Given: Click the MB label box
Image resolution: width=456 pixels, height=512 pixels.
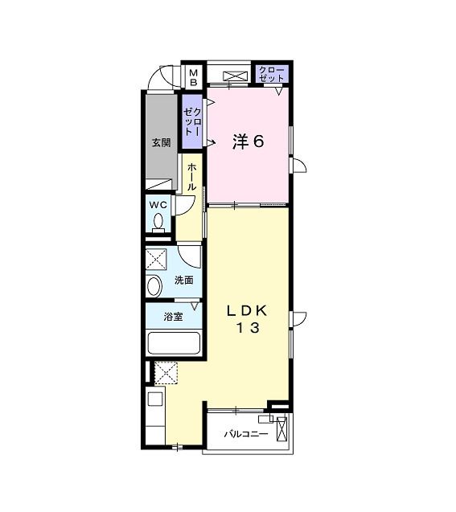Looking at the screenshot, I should [193, 76].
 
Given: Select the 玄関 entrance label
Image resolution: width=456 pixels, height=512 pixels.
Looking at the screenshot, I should [161, 142].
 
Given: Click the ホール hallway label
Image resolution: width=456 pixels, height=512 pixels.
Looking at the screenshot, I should [191, 176].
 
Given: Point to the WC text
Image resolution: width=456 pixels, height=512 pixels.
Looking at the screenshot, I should [157, 204].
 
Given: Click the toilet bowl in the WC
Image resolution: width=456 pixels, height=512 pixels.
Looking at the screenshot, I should [158, 222].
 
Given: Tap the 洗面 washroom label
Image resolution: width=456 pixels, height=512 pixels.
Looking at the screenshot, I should [184, 280].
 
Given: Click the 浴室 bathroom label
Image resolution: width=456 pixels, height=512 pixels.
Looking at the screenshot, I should [173, 316].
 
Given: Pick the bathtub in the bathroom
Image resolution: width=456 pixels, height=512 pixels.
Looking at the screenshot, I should [173, 342].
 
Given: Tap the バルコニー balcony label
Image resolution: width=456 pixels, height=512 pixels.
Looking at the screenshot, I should [245, 434].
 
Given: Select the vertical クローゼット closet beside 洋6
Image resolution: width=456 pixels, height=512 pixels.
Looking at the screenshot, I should [192, 120].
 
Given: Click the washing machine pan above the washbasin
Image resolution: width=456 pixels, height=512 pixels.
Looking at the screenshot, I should [157, 259].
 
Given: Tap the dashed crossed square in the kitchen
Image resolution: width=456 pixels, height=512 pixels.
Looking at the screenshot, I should [167, 373].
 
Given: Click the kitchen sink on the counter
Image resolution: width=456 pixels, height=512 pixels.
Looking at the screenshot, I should [154, 399].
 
